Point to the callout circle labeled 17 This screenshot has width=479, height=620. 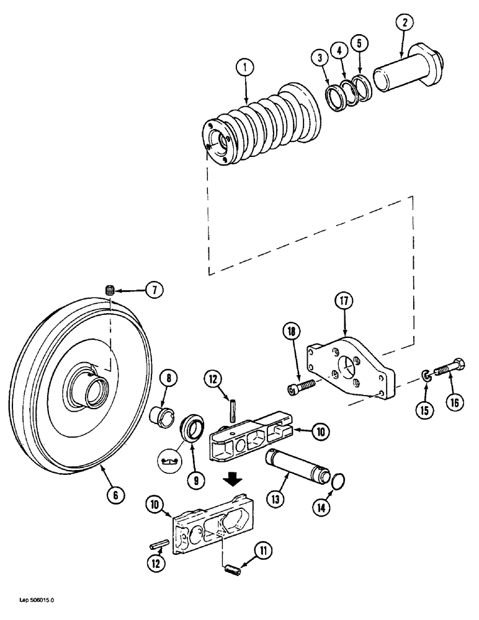(345, 301)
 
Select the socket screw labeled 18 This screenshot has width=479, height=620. (302, 387)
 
